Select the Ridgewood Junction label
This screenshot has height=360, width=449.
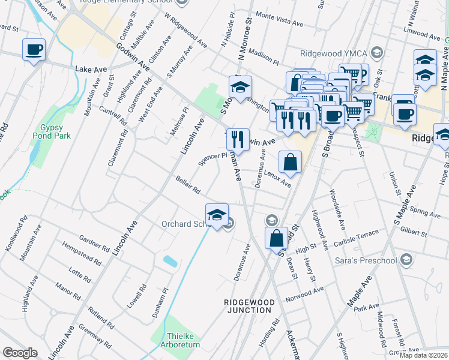249,306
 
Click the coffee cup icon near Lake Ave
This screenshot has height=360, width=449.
34,49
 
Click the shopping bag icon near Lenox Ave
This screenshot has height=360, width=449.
290,162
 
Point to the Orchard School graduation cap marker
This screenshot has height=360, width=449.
217,215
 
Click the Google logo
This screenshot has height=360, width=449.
20,353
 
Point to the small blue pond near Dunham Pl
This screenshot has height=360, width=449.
170,261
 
